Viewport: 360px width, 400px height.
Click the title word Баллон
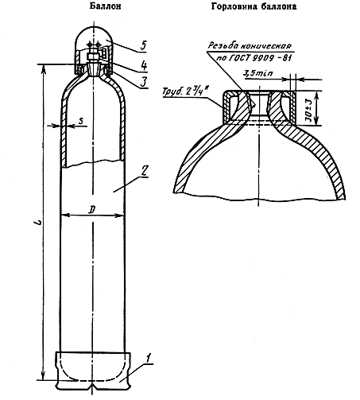click(x=105, y=6)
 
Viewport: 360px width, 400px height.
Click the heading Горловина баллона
click(x=254, y=6)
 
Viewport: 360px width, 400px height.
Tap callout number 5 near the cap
click(x=143, y=45)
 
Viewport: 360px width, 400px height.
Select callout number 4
click(x=144, y=65)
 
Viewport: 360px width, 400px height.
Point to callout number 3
click(x=143, y=82)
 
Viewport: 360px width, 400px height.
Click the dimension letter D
click(x=91, y=210)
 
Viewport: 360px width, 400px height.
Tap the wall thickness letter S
click(x=81, y=121)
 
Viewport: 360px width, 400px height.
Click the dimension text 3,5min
click(x=257, y=73)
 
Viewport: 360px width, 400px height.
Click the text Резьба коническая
click(x=250, y=45)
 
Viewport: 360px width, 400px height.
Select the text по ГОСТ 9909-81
click(x=254, y=58)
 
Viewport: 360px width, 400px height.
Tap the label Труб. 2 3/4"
click(x=185, y=91)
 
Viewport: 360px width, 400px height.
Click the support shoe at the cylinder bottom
click(x=93, y=371)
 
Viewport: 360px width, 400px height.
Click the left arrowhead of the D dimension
click(x=64, y=216)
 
